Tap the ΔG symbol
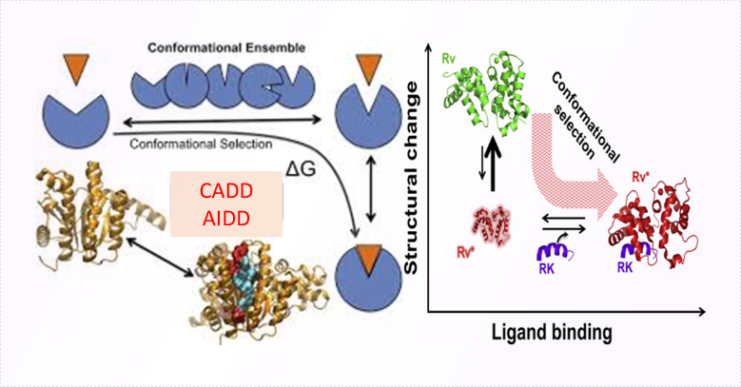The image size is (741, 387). point(300,168)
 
